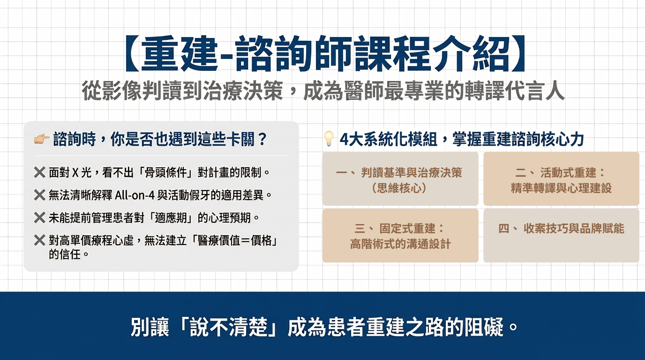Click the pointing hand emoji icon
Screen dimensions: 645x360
[42, 139]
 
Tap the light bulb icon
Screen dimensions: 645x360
[329, 139]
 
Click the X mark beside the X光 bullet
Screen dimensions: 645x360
[40, 172]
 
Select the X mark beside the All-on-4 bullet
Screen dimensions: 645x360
[40, 195]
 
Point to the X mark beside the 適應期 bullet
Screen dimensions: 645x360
[40, 217]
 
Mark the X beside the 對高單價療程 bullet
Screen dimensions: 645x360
[40, 240]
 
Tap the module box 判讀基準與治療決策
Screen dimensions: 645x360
[400, 179]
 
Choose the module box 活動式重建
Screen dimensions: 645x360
[561, 179]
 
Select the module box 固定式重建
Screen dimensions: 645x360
[400, 236]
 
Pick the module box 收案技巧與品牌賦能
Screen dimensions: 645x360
[561, 236]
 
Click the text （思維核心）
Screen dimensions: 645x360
[399, 188]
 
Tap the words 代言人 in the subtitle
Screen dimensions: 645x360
[534, 90]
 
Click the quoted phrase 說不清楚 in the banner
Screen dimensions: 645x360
[228, 327]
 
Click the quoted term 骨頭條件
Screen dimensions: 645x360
[168, 172]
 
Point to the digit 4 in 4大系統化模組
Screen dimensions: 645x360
[344, 139]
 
